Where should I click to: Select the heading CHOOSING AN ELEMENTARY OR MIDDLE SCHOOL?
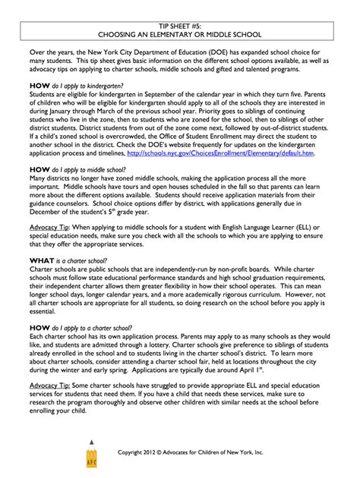[179, 34]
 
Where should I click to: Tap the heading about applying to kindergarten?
[81, 87]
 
